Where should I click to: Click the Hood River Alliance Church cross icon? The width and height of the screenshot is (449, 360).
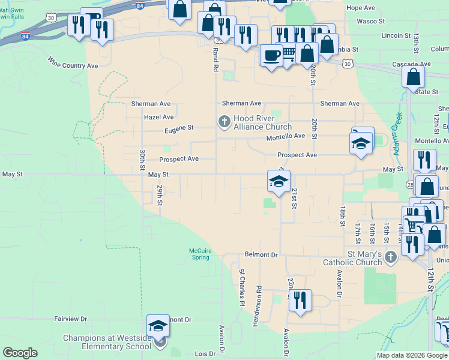(x=224, y=122)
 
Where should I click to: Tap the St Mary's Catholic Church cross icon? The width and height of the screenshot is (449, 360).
(x=391, y=257)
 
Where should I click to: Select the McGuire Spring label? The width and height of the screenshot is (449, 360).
(x=200, y=254)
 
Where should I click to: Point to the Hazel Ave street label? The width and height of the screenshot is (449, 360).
(x=158, y=117)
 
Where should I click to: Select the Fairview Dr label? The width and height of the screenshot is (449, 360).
(x=71, y=319)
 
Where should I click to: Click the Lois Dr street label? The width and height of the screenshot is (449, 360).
(x=196, y=355)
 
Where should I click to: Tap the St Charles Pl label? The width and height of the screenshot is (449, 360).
(x=242, y=287)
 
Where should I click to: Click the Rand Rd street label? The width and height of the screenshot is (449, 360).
(x=214, y=61)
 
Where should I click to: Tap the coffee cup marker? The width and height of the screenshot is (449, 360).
(x=271, y=55)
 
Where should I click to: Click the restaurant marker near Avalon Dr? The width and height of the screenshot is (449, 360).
(x=300, y=300)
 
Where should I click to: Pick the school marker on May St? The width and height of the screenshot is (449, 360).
(x=279, y=181)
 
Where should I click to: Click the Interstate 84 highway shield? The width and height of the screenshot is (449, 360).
(x=140, y=6)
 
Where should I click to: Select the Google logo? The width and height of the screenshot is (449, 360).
(x=20, y=353)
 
